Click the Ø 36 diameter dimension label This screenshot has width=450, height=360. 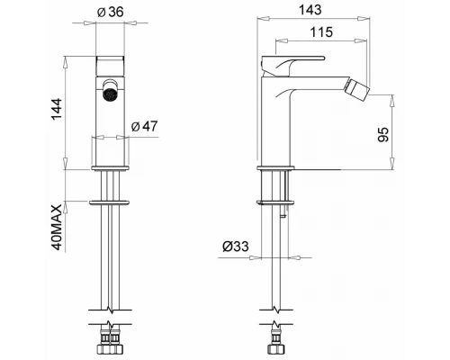pyautogui.click(x=111, y=12)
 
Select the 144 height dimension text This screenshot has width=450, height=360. pyautogui.click(x=57, y=110)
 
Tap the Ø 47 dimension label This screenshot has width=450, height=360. pyautogui.click(x=144, y=126)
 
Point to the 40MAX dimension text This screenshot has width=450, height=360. pyautogui.click(x=57, y=228)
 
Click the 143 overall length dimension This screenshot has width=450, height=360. pyautogui.click(x=310, y=10)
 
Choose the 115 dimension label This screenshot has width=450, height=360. pyautogui.click(x=321, y=32)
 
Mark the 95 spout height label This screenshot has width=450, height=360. pyautogui.click(x=383, y=135)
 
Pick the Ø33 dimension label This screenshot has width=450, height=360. pyautogui.click(x=236, y=247)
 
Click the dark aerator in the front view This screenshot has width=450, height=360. pyautogui.click(x=109, y=94)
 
